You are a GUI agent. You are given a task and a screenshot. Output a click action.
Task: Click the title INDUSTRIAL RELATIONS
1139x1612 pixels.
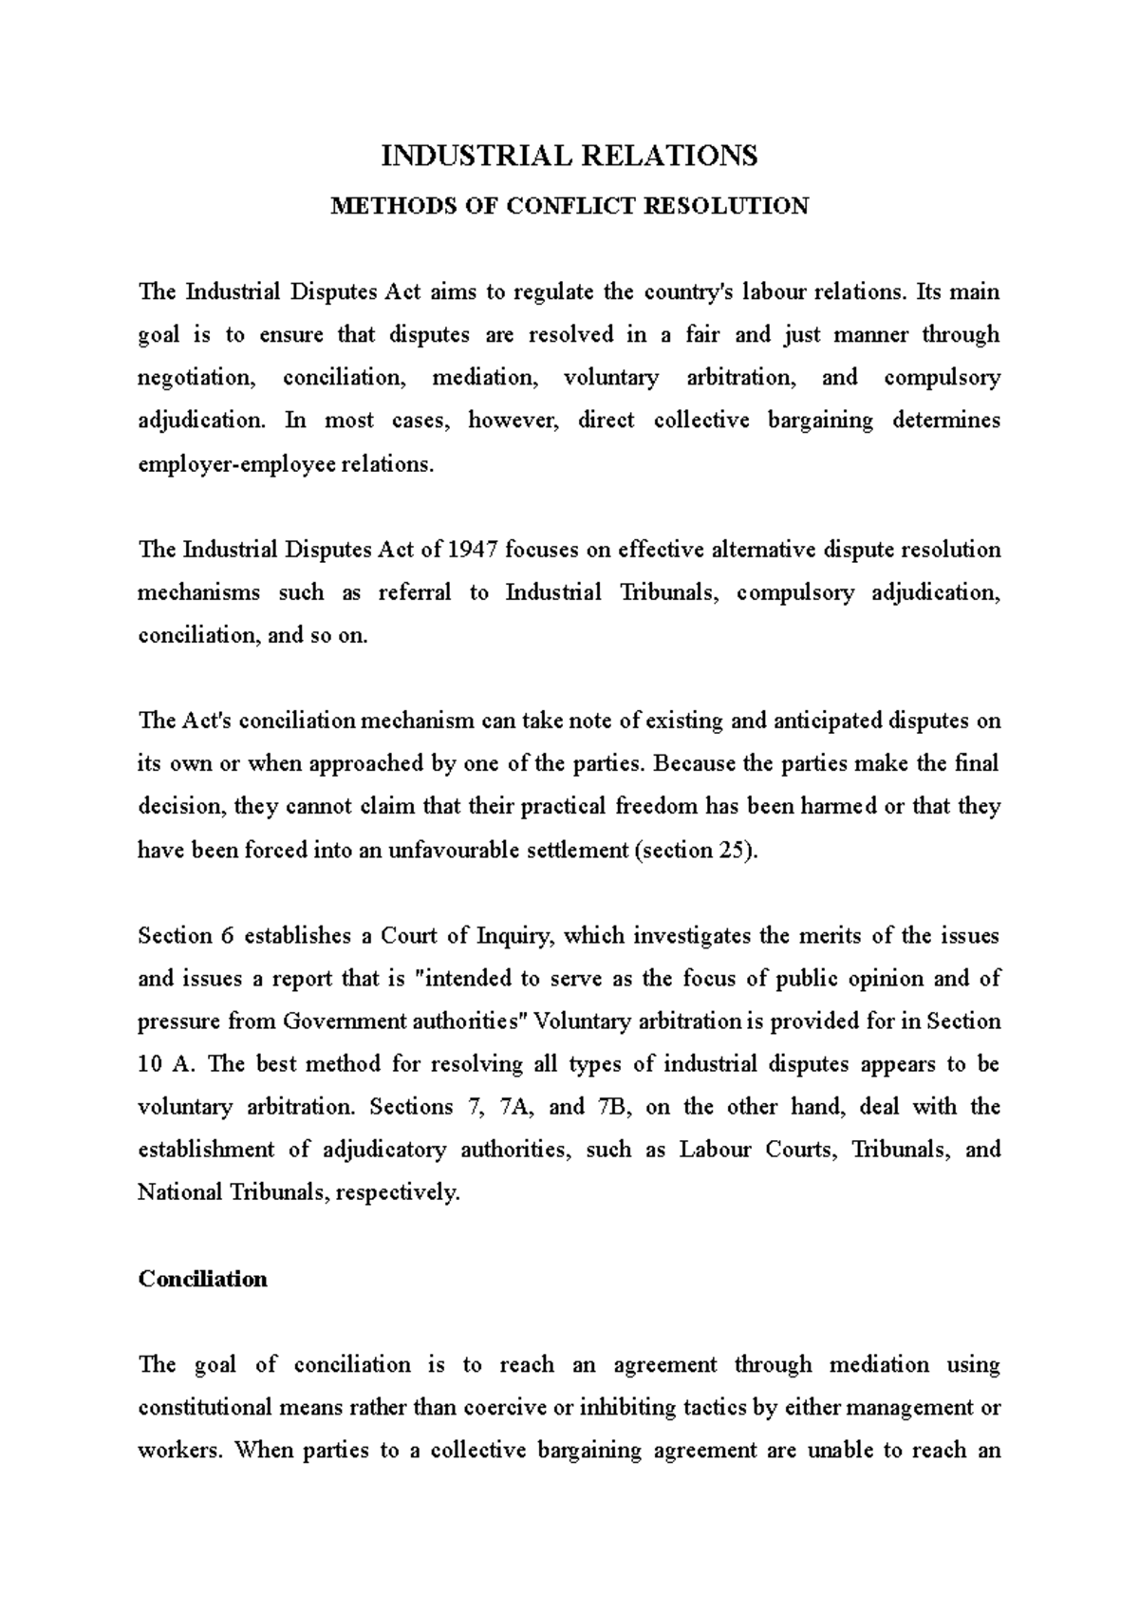pos(569,156)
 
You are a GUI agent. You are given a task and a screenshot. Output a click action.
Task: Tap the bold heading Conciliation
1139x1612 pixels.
pos(202,1279)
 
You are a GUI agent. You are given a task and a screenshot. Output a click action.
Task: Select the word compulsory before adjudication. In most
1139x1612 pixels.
pos(942,378)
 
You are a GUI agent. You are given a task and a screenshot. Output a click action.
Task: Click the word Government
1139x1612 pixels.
pos(345,1022)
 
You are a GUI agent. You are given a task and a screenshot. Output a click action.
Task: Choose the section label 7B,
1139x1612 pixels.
pos(608,1107)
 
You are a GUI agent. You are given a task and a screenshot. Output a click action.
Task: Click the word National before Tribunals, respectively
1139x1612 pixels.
pos(180,1192)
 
